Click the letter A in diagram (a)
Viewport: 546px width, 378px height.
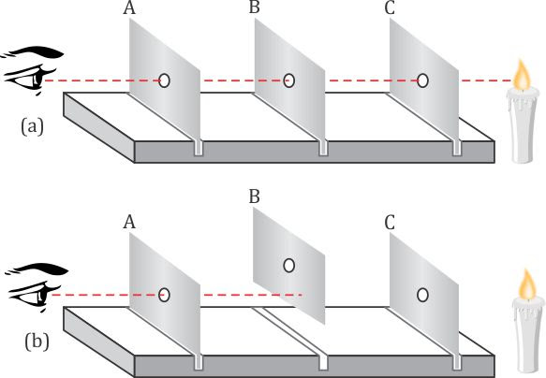click(129, 8)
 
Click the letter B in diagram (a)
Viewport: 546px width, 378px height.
click(255, 7)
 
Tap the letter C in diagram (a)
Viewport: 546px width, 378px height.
click(390, 8)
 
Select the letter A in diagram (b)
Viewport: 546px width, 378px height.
click(129, 222)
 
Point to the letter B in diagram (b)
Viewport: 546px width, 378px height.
click(255, 196)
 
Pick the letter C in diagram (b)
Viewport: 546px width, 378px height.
click(390, 223)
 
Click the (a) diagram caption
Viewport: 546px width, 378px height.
click(33, 126)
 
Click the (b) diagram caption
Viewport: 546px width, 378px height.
click(37, 342)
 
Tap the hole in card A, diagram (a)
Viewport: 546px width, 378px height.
click(164, 80)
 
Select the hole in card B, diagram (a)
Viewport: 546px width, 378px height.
click(288, 80)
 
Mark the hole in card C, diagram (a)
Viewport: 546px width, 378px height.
click(422, 80)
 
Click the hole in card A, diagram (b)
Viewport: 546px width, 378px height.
click(164, 295)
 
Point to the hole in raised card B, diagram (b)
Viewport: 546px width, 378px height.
click(288, 266)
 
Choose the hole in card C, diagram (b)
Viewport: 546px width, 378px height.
click(422, 295)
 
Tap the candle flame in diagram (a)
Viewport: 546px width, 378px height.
click(522, 75)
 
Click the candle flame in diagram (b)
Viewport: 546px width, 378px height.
click(527, 285)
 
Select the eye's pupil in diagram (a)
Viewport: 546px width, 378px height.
click(37, 80)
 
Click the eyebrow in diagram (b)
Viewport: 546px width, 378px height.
click(38, 269)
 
